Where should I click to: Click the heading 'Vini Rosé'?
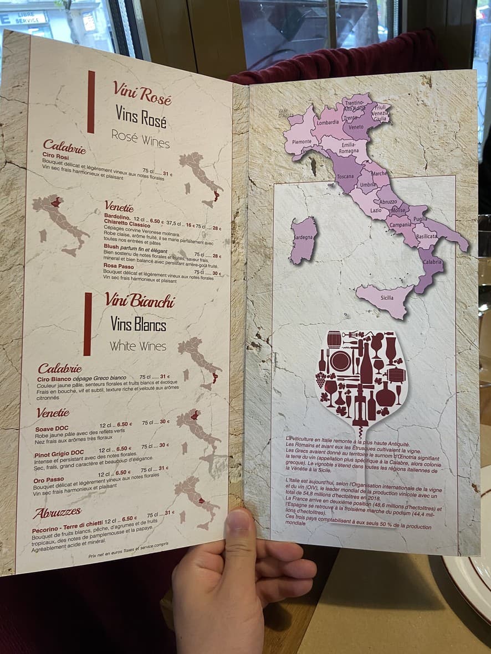click(x=142, y=91)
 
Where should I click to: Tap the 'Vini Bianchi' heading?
click(x=140, y=300)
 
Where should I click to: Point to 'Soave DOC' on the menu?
click(x=52, y=428)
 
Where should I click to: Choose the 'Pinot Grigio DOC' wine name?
click(x=59, y=453)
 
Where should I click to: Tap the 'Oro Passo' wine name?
click(x=49, y=479)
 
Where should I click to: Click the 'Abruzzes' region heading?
click(x=57, y=512)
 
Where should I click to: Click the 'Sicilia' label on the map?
click(x=387, y=298)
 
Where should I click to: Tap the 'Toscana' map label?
click(x=346, y=177)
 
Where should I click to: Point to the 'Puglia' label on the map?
click(x=420, y=219)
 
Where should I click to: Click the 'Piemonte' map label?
click(x=301, y=141)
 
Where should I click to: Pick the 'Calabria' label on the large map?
click(x=433, y=262)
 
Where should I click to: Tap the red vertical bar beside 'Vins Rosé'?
click(x=91, y=102)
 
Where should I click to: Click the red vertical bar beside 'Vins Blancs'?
click(x=88, y=324)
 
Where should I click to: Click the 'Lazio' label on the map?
click(x=376, y=210)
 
